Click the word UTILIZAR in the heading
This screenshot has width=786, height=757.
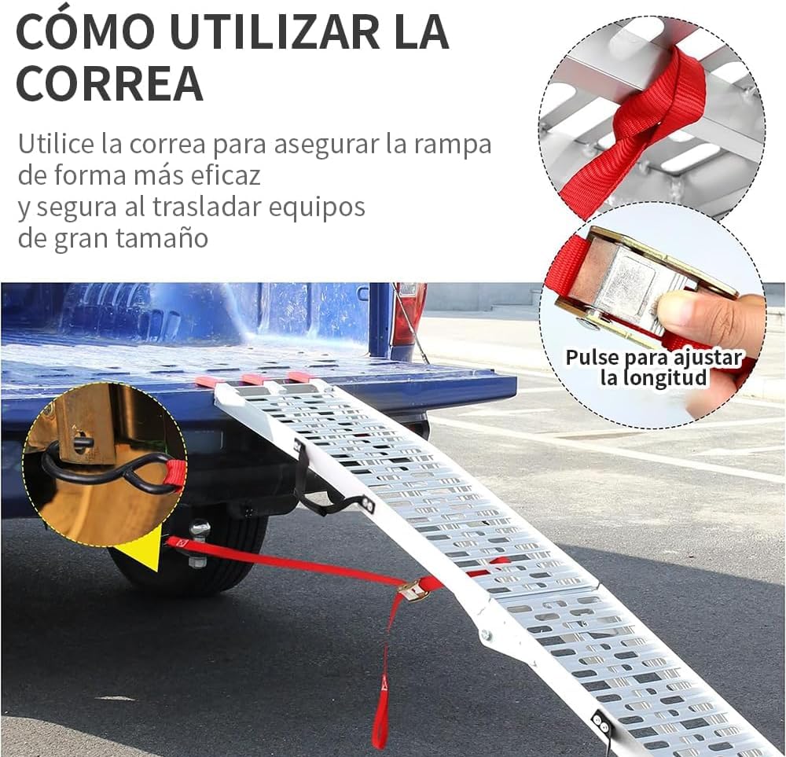[274, 31]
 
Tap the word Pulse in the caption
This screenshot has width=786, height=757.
[593, 358]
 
